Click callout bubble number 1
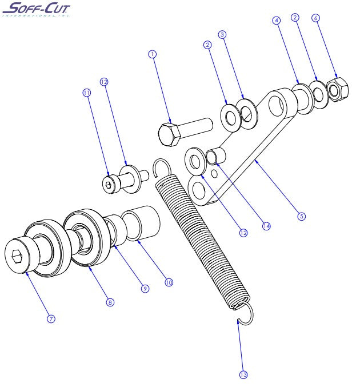[152, 54]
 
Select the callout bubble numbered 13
[243, 374]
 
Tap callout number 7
[51, 318]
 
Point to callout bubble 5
[302, 216]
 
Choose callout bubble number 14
[266, 226]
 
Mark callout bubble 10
[169, 282]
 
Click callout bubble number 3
[223, 34]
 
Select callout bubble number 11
[87, 91]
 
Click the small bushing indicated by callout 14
[217, 156]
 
